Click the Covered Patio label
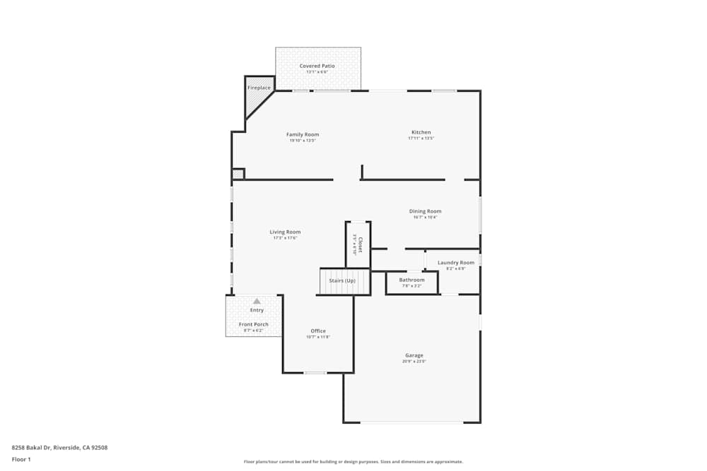coord(317,66)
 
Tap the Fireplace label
coord(259,88)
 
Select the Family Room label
coord(303,134)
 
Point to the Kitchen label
coord(421,132)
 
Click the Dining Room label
coord(426,211)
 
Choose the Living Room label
coord(285,232)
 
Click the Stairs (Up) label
coord(342,280)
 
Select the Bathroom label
coord(411,280)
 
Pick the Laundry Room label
coord(456,263)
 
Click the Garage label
coord(414,355)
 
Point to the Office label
coord(318,331)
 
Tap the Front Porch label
coord(253,324)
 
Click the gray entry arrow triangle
coord(257,301)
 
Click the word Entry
coord(257,310)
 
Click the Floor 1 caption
coord(21,459)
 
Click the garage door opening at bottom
coord(411,422)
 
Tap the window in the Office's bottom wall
coord(315,372)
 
